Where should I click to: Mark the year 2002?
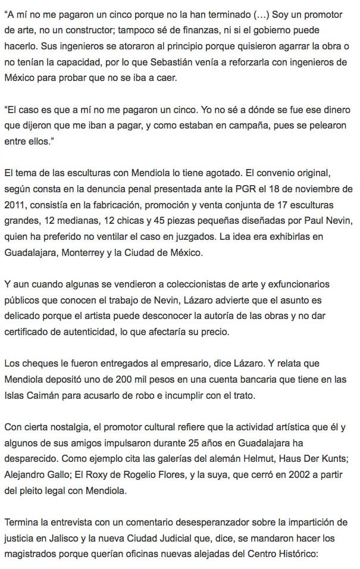pyautogui.click(x=300, y=475)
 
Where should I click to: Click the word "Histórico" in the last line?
pyautogui.click(x=323, y=554)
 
